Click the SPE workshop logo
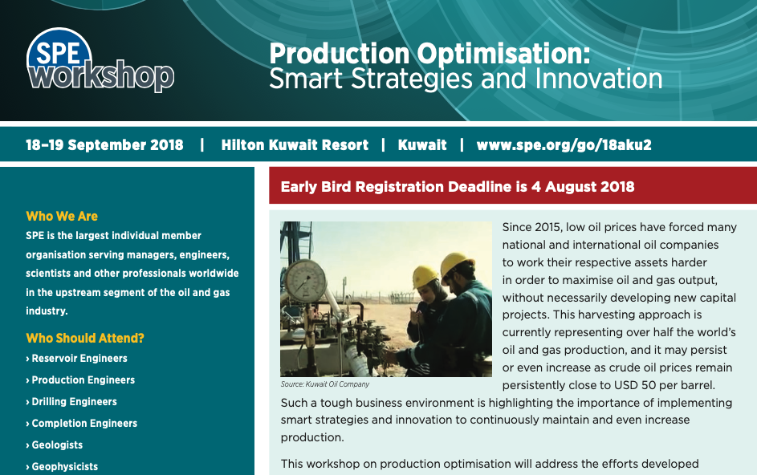tap(100, 60)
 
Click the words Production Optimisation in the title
tap(429, 54)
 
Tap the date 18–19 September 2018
tap(105, 144)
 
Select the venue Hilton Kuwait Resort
tap(295, 144)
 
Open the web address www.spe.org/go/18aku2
tap(564, 145)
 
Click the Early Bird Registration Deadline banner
tap(513, 186)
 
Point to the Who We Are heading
tap(62, 216)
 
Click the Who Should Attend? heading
tap(85, 338)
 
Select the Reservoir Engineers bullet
tap(77, 358)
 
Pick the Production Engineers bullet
tap(80, 380)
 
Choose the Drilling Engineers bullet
tap(71, 402)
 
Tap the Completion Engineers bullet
tap(82, 424)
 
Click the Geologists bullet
tap(55, 445)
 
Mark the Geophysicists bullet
tap(62, 467)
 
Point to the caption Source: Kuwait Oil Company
tap(325, 384)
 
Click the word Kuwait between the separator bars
tap(422, 144)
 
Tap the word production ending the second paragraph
tap(312, 438)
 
